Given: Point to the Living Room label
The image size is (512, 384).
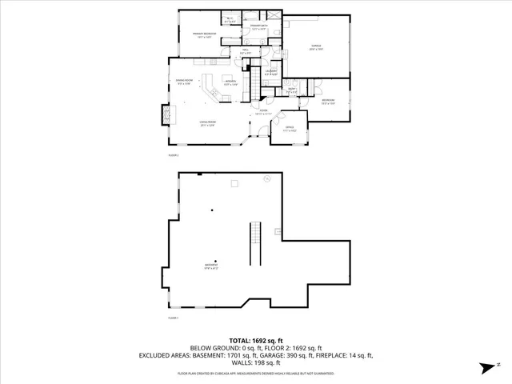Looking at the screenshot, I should point(208,122).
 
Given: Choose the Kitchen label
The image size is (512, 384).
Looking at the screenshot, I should point(230,82).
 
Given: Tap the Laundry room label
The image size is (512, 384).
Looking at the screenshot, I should point(271,73).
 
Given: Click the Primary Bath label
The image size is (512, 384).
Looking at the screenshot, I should point(258,26).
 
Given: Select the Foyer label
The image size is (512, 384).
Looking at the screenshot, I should point(262,112).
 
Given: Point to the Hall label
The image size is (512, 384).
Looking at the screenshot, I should point(246,53).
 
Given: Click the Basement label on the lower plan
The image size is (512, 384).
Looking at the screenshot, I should point(211,266).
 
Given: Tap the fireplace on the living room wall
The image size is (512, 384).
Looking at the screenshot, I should point(166,115).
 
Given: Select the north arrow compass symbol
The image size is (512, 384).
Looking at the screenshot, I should point(484,367).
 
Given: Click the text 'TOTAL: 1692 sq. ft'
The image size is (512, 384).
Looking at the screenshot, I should point(255,340).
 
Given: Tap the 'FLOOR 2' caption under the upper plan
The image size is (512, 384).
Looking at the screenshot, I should point(173,154).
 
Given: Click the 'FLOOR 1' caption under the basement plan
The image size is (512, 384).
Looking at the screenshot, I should point(173,318).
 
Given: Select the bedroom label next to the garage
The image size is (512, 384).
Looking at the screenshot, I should point(327,102).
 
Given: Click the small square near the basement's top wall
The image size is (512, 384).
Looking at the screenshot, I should point(234,185).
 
